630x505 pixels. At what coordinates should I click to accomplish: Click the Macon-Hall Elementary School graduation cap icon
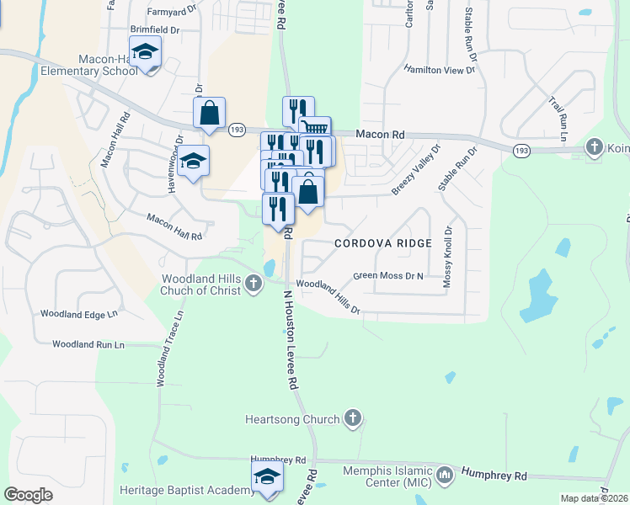click(x=146, y=53)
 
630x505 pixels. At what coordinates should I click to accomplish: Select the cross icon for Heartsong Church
click(x=352, y=418)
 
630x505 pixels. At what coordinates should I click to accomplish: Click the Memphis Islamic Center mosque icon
click(x=444, y=476)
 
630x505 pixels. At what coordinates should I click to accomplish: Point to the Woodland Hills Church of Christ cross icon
click(x=254, y=285)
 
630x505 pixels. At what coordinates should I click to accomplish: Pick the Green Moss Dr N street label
click(x=388, y=275)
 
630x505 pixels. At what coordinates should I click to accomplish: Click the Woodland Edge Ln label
click(x=78, y=315)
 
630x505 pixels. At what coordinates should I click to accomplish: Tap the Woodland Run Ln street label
click(x=88, y=344)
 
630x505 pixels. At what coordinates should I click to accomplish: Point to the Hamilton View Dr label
click(x=439, y=70)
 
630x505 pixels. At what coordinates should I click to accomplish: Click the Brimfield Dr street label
click(x=155, y=29)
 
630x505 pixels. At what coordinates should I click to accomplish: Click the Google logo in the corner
click(x=28, y=495)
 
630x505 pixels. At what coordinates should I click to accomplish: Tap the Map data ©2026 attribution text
click(x=593, y=498)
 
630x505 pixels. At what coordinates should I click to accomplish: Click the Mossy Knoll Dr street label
click(x=448, y=258)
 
